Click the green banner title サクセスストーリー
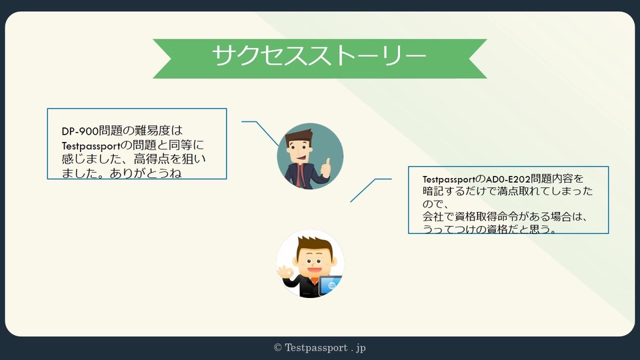coord(319,55)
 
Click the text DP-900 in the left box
coord(80,131)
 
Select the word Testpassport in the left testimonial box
coord(91,146)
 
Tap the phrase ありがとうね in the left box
coord(146,173)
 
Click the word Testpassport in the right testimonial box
coord(449,179)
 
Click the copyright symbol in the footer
coord(278,348)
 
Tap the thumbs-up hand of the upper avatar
coord(326,168)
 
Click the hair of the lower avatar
coord(314,244)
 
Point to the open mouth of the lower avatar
coord(313,270)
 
